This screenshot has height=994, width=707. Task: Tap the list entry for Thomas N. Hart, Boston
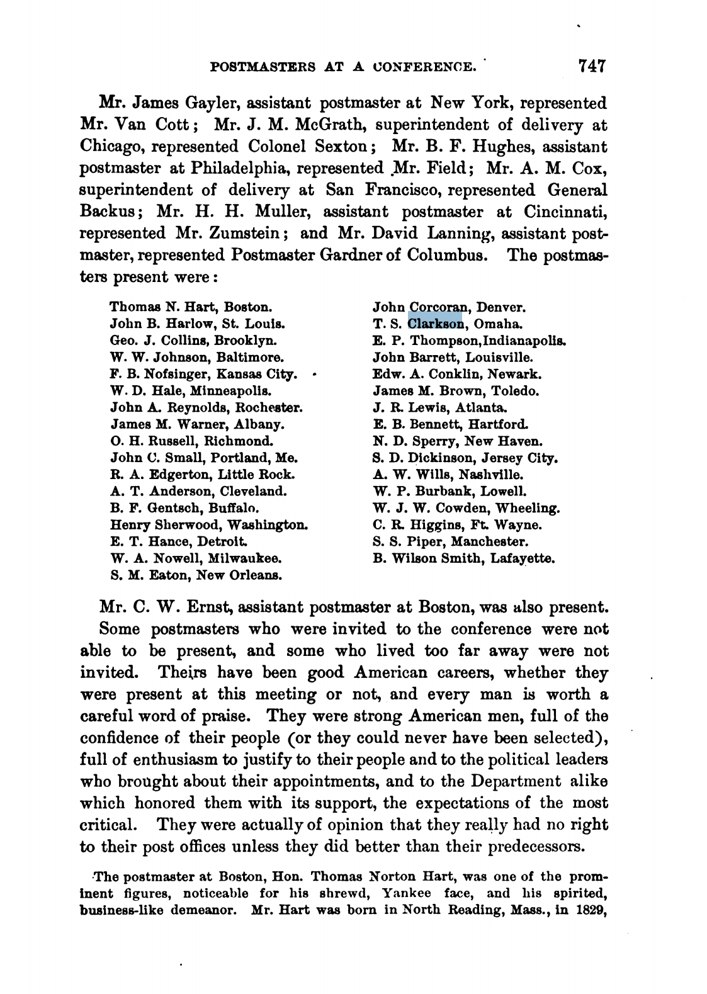click(x=191, y=308)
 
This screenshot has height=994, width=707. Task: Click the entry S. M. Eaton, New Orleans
click(x=196, y=575)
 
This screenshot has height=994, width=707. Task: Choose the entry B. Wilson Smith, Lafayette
click(x=463, y=558)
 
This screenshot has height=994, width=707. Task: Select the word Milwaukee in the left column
click(x=247, y=558)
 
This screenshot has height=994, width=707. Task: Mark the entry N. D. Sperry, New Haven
click(x=458, y=442)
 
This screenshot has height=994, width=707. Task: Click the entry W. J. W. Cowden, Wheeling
click(x=467, y=508)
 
